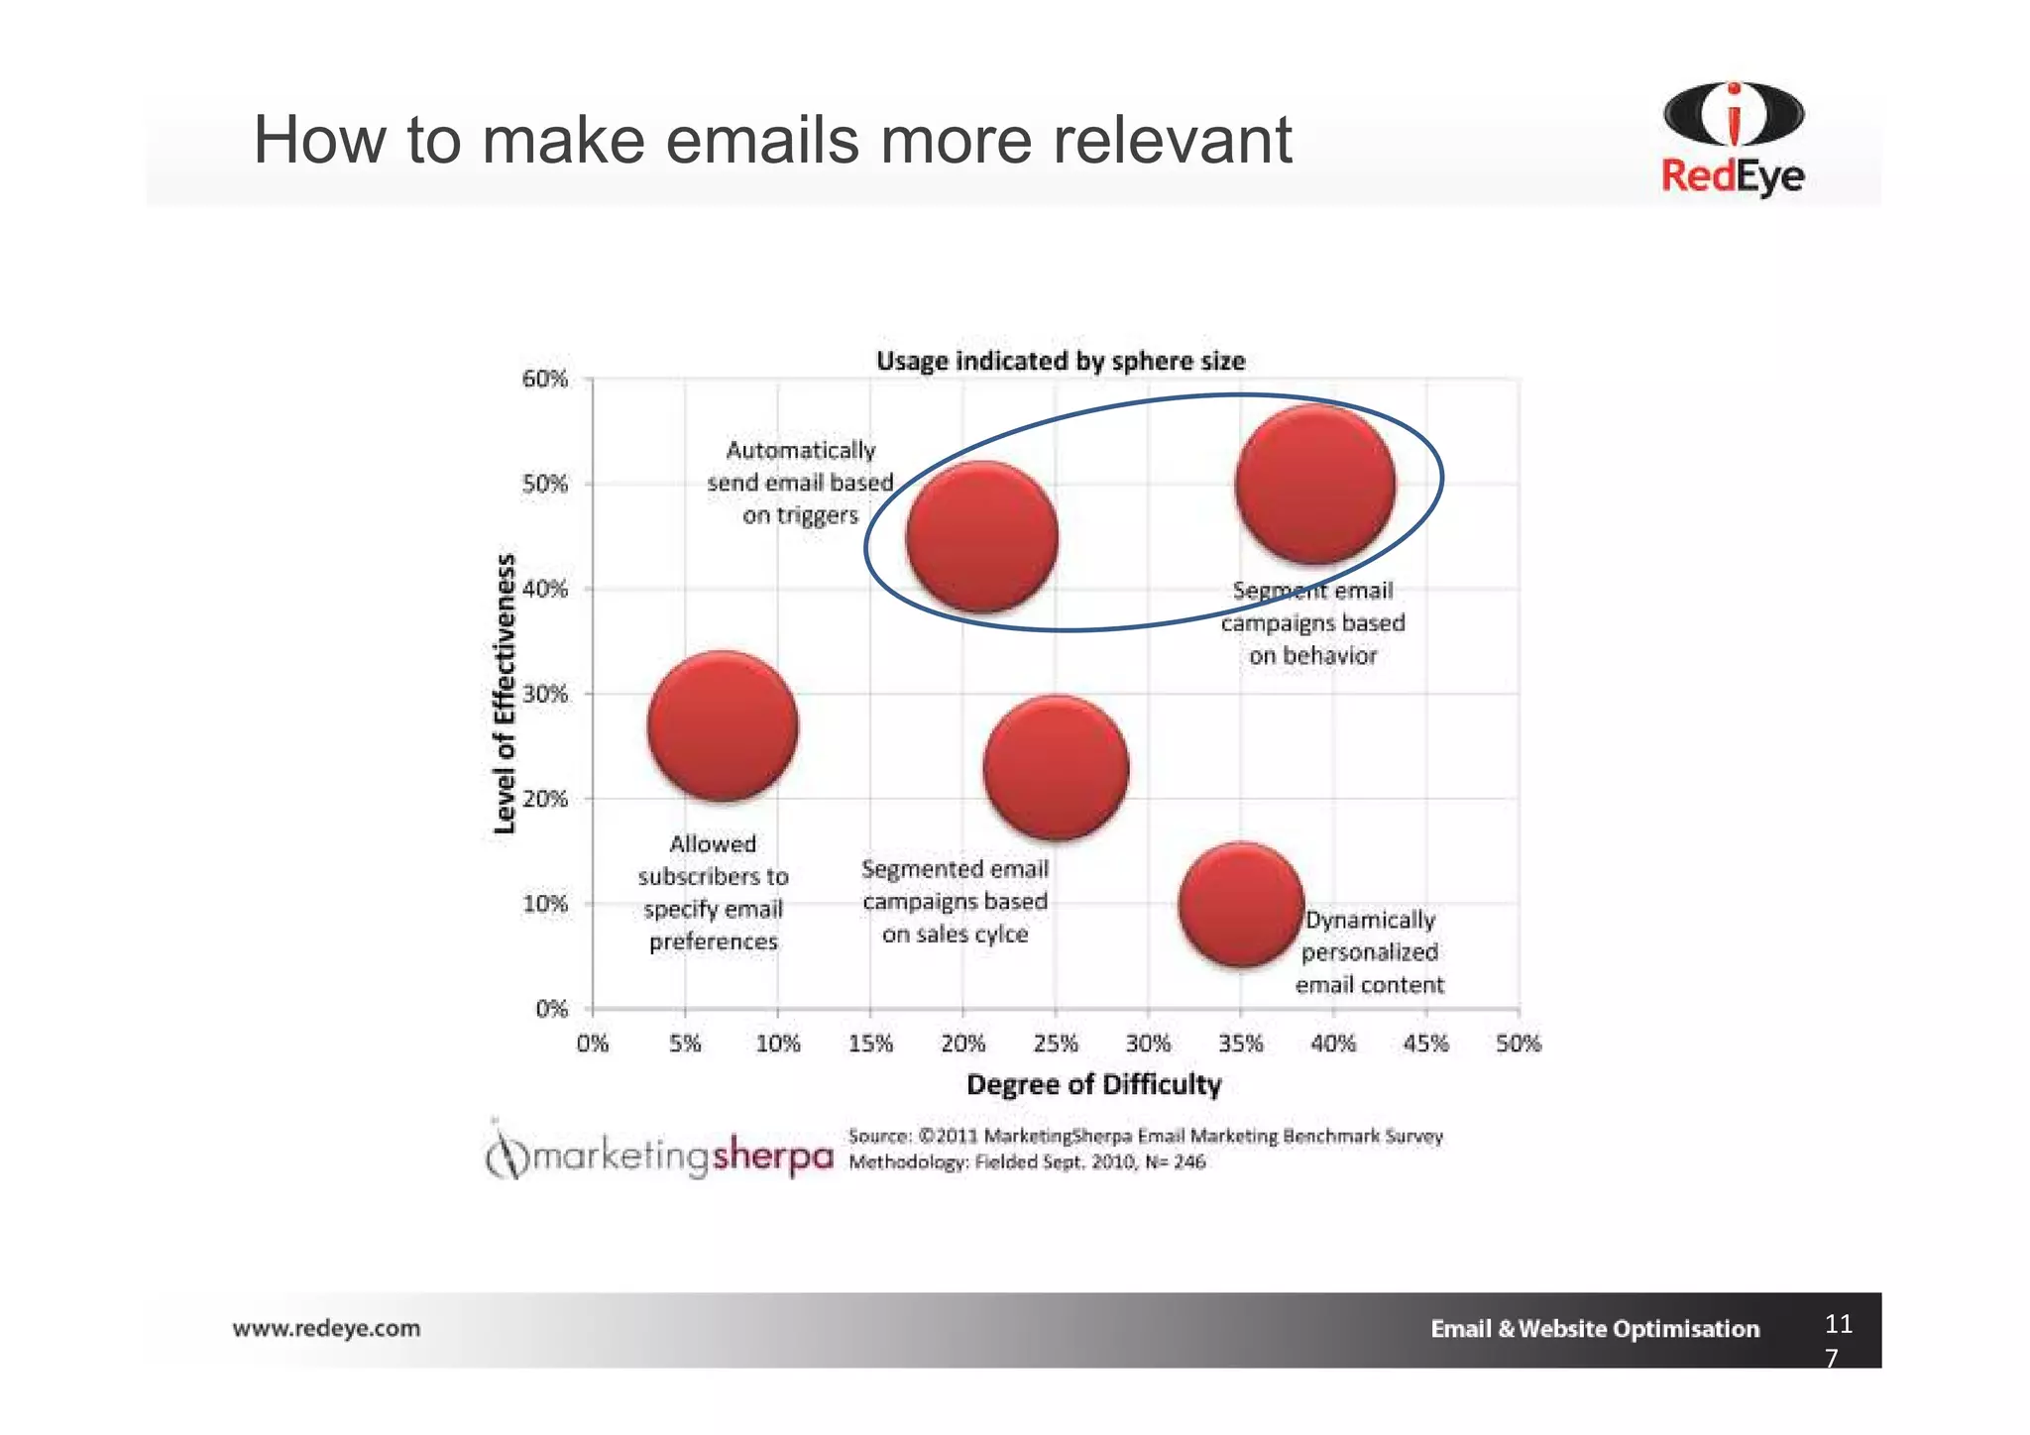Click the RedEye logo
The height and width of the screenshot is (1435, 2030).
[x=1733, y=139]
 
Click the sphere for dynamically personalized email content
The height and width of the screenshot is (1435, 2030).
[x=1241, y=904]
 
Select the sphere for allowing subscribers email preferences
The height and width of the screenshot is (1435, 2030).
[x=723, y=725]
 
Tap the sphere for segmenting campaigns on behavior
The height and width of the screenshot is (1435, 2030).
[x=1315, y=484]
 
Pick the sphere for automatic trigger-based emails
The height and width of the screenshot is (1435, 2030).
[x=982, y=536]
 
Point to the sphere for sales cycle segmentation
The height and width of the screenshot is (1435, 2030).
[x=1056, y=767]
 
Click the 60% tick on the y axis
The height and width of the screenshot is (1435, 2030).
[x=545, y=380]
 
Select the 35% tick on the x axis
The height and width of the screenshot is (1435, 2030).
[x=1241, y=1044]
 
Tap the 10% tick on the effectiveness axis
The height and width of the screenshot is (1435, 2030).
[x=545, y=904]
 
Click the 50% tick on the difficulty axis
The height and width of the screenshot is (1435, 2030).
[x=1519, y=1044]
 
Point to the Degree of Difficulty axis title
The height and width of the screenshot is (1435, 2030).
[x=1093, y=1085]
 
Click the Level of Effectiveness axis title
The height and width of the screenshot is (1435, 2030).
[x=506, y=694]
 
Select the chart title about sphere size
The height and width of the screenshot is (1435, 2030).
[x=1060, y=362]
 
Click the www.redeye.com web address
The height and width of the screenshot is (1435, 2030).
[x=326, y=1328]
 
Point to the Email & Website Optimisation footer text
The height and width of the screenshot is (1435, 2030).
[x=1594, y=1329]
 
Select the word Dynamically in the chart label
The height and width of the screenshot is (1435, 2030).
[x=1370, y=920]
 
